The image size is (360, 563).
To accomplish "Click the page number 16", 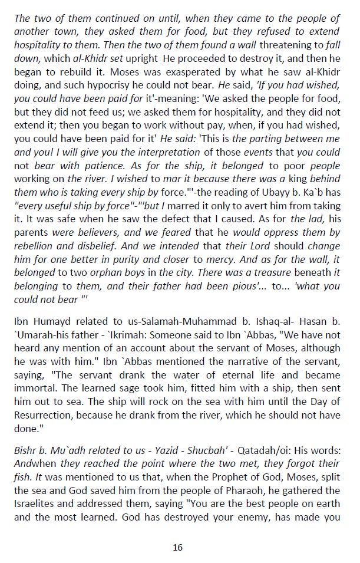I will point(177,547).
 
